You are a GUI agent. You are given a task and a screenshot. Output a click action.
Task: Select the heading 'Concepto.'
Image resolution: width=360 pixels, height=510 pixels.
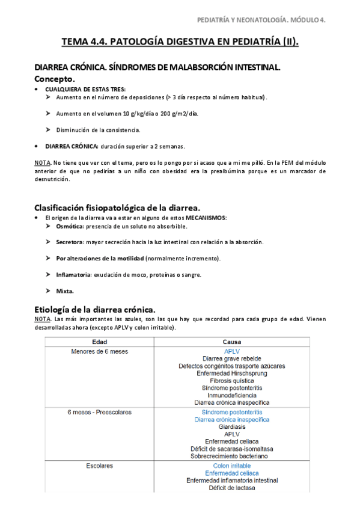point(55,79)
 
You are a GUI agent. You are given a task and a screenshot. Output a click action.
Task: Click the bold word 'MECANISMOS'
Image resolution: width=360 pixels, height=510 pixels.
point(206,217)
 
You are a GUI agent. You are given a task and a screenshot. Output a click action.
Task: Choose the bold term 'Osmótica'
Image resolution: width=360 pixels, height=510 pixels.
point(70,226)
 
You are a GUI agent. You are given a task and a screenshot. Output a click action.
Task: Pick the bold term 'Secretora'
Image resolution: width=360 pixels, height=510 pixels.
point(71,242)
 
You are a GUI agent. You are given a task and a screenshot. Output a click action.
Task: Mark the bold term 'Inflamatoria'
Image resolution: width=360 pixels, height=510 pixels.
point(73,275)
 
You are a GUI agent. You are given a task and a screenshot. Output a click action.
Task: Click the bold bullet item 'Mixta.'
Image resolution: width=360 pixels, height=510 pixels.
point(65,291)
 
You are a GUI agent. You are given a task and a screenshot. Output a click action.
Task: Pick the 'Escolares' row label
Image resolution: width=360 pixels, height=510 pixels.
point(99,465)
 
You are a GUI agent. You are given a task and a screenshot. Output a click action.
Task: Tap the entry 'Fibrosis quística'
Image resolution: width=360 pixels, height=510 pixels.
point(231,381)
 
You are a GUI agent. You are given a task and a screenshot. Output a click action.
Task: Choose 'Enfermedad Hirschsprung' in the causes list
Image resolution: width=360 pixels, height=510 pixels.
point(231,373)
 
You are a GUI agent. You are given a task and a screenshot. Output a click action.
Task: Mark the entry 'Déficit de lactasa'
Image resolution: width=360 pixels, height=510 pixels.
point(231,488)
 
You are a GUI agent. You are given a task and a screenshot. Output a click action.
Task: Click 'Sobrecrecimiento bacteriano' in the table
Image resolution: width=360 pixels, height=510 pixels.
point(231,456)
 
